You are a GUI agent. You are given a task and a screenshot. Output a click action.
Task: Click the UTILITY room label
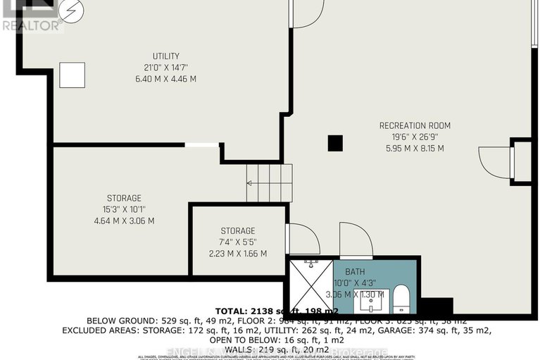click(x=166, y=56)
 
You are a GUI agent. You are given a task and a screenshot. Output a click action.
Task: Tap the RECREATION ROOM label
click(x=415, y=126)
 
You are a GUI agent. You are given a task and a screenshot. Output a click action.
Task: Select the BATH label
click(x=355, y=271)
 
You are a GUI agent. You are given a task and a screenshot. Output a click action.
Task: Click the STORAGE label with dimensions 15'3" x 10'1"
click(x=124, y=198)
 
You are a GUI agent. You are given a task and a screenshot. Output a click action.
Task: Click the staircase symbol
click(x=269, y=182)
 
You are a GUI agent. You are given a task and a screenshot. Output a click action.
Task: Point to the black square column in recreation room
click(x=335, y=143)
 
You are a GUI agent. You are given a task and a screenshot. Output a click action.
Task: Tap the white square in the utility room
click(x=72, y=75)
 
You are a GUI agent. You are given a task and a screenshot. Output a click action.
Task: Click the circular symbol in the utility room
click(x=70, y=10)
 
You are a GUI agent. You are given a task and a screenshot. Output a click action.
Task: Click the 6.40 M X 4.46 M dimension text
click(x=166, y=79)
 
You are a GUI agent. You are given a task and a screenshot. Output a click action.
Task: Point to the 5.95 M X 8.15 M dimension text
click(x=415, y=149)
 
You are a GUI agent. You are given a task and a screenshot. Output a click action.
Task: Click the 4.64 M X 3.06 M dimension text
click(x=124, y=221)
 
